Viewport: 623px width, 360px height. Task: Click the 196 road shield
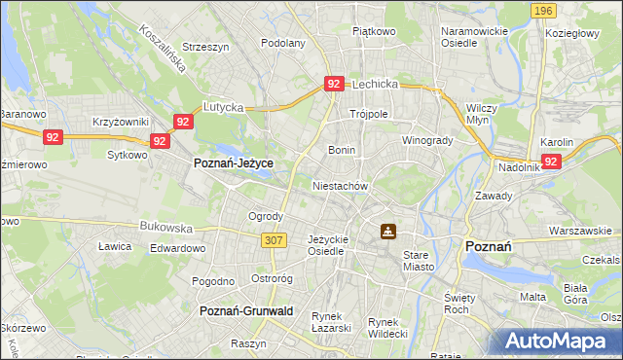pyautogui.click(x=544, y=10)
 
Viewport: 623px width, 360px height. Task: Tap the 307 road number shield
pyautogui.click(x=273, y=239)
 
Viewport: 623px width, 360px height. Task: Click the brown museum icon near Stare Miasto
pyautogui.click(x=388, y=232)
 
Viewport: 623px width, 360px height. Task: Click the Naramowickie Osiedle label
pyautogui.click(x=475, y=37)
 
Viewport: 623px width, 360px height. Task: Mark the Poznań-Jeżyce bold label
pyautogui.click(x=233, y=163)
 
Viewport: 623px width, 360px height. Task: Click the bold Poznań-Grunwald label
pyautogui.click(x=246, y=310)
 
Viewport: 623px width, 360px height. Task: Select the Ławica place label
pyautogui.click(x=115, y=246)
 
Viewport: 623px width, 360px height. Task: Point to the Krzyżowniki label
pyautogui.click(x=120, y=122)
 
